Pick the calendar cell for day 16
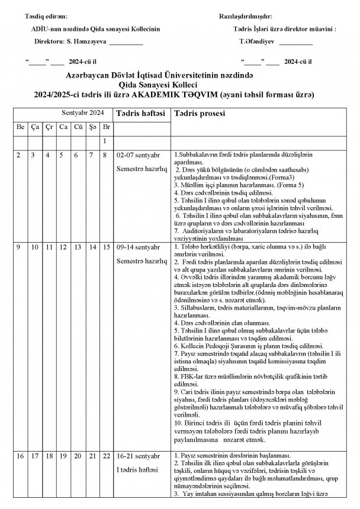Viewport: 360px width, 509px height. [x=20, y=456]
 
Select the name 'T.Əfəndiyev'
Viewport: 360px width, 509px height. [x=256, y=43]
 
